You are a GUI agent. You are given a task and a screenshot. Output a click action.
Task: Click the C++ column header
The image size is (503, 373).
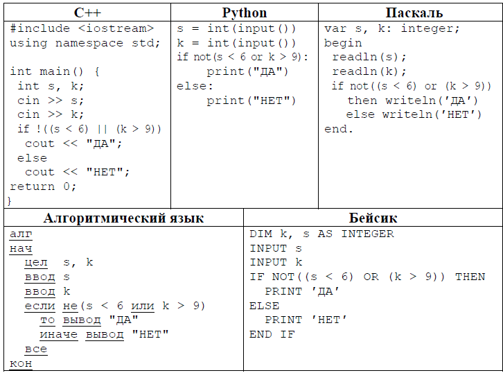87,12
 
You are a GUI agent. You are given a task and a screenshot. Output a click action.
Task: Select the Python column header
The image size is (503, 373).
244,12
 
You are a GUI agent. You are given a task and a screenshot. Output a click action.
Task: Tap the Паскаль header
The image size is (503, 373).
414,12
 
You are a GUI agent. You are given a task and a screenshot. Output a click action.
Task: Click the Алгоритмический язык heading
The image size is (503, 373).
124,218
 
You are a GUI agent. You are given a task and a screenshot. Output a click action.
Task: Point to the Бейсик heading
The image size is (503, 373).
373,218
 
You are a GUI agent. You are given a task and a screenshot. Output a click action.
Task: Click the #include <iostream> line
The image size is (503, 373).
82,28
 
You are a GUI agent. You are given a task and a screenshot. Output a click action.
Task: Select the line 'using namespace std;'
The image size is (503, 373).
85,43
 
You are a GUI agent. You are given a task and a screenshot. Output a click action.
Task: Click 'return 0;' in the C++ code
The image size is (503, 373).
43,186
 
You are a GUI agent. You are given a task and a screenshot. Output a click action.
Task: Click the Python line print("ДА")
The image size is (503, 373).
247,71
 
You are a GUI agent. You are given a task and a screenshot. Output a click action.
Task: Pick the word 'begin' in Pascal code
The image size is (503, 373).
343,43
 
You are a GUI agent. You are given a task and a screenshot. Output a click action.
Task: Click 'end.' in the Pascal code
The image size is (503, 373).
339,129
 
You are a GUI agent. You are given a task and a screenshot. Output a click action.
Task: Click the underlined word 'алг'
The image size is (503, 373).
21,234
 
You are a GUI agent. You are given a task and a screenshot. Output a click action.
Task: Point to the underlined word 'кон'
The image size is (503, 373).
21,363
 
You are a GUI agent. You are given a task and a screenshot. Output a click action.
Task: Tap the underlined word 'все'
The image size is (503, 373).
36,349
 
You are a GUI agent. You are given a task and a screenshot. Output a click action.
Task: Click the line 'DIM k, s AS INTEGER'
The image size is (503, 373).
321,234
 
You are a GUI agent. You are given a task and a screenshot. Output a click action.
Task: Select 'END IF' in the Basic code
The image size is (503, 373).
272,334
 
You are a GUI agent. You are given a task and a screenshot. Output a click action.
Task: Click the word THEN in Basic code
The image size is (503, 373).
470,277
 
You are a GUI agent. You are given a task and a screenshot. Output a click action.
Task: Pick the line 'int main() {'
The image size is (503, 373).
55,71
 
